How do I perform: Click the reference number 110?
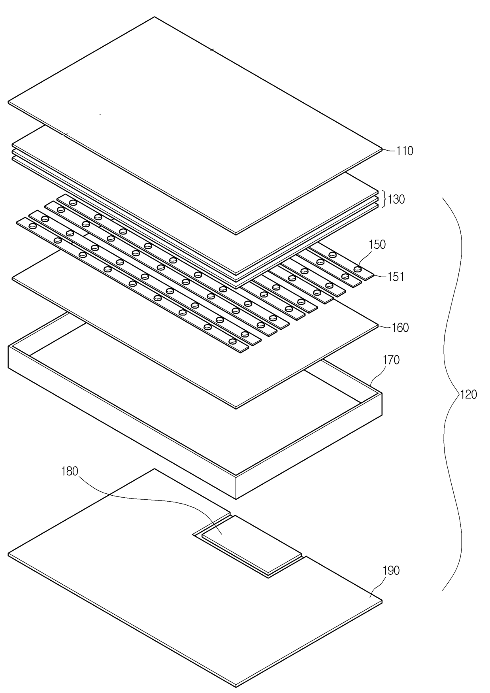click(x=405, y=151)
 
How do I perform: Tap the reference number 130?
click(x=396, y=199)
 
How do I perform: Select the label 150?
click(x=377, y=245)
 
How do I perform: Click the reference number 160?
click(x=400, y=328)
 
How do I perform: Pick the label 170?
click(x=391, y=360)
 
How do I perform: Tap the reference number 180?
click(x=70, y=471)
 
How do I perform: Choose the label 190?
click(x=391, y=571)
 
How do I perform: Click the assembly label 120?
click(x=468, y=395)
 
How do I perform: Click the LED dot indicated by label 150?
click(x=358, y=269)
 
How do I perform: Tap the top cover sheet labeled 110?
click(x=196, y=126)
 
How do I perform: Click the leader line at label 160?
click(x=385, y=327)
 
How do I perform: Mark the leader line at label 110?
click(x=389, y=150)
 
